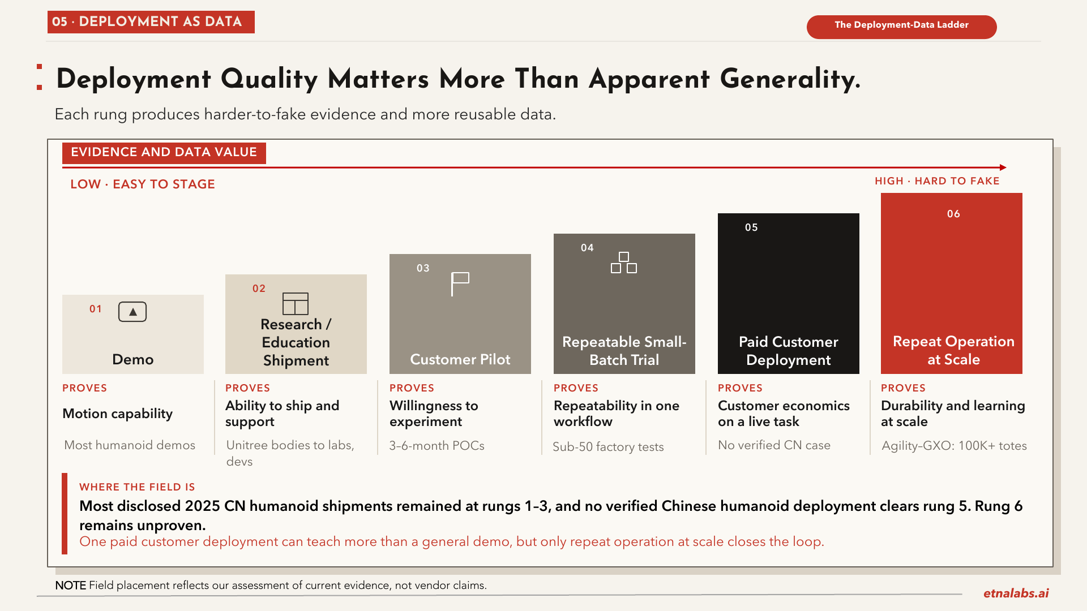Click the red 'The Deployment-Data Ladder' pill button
(901, 27)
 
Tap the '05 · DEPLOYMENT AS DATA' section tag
(151, 22)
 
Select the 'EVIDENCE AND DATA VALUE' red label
(164, 153)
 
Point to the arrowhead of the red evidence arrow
(1003, 167)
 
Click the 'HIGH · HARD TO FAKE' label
(937, 181)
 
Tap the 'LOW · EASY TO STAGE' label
(143, 184)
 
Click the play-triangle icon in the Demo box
(132, 312)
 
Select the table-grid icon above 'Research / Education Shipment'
(296, 304)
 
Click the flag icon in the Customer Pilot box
(460, 284)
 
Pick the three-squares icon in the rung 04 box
(624, 263)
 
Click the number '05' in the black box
(751, 227)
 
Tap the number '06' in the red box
(953, 214)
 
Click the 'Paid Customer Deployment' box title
(789, 351)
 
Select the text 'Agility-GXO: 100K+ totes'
(954, 446)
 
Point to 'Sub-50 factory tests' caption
(608, 447)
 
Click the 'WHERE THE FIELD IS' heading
(137, 487)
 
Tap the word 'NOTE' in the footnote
(70, 586)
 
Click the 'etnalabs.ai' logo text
(1016, 593)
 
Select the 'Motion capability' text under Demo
(117, 414)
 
